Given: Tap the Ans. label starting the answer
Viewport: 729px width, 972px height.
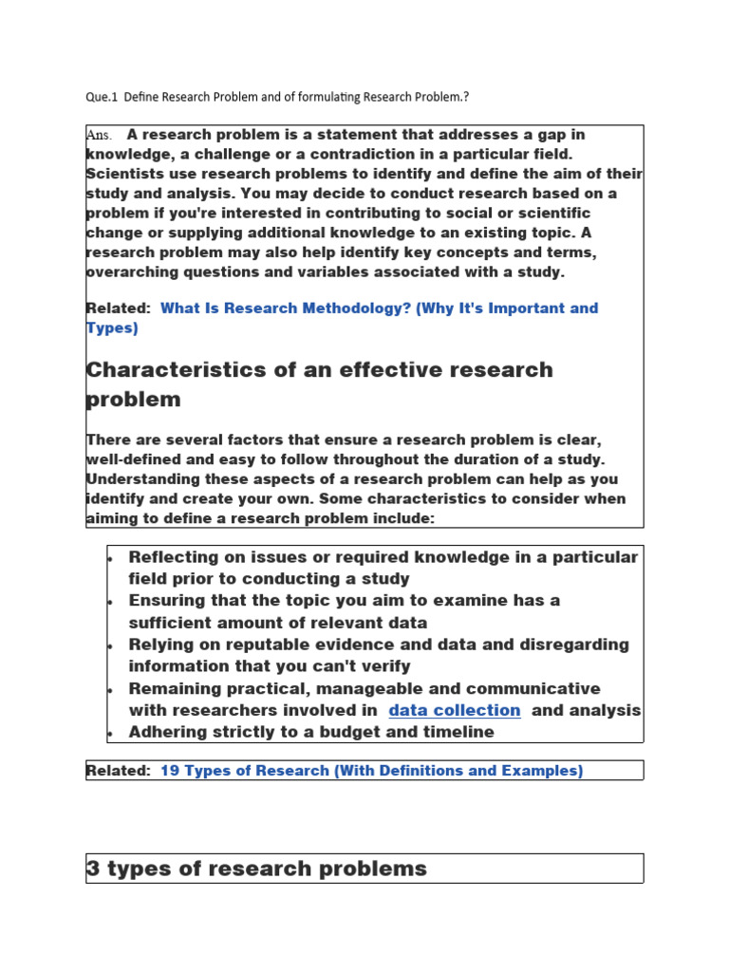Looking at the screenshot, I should tap(100, 135).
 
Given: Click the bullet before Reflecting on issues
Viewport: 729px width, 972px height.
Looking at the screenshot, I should tap(111, 558).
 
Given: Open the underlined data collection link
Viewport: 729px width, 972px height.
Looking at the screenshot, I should tap(455, 710).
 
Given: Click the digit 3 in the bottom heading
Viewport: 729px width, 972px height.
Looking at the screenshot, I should tap(93, 869).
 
